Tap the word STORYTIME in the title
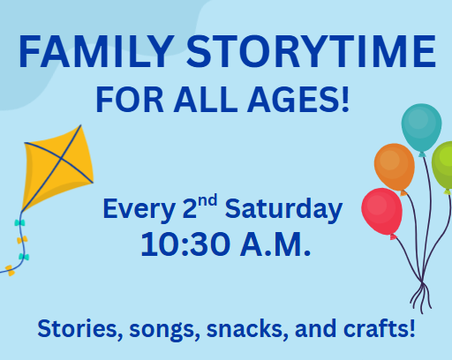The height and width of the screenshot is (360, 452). (311, 52)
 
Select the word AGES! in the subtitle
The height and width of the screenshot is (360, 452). (298, 100)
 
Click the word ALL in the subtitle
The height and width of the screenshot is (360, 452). (206, 100)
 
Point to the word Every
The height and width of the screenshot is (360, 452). (139, 209)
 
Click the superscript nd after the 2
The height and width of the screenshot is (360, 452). (207, 201)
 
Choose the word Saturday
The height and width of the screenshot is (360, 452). (283, 209)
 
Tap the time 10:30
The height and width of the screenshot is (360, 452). (185, 244)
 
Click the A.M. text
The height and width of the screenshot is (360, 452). (275, 244)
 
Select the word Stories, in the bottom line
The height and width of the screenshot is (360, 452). (79, 329)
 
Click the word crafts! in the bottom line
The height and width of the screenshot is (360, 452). (379, 328)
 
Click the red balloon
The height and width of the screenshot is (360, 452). (381, 212)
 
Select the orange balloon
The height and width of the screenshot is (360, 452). (395, 168)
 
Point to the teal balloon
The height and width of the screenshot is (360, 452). (421, 128)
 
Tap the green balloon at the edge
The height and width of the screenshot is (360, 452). (443, 166)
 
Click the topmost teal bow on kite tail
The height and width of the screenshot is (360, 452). (19, 222)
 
